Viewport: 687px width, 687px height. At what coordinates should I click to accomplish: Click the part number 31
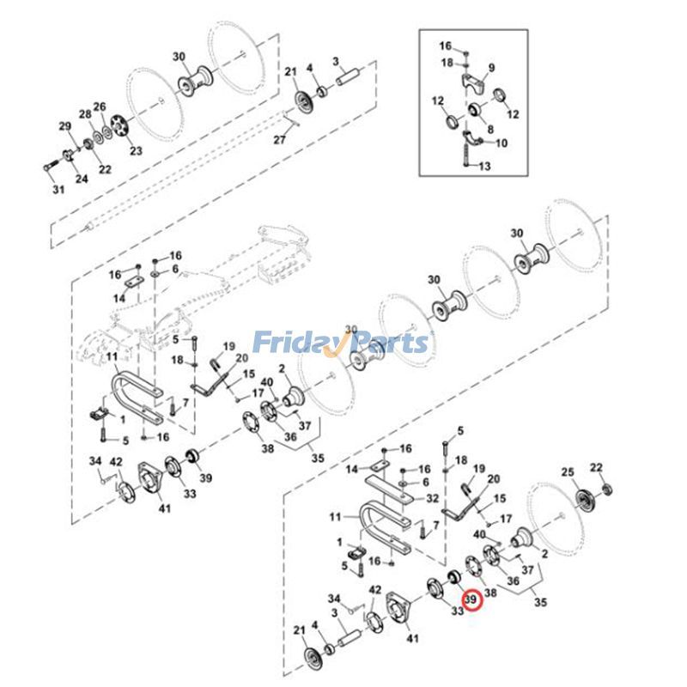(x=58, y=190)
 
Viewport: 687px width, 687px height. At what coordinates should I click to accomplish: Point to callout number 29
(x=64, y=127)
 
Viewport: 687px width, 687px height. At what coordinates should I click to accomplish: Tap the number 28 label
(x=85, y=115)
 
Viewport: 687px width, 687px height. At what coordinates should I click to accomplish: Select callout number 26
(x=100, y=106)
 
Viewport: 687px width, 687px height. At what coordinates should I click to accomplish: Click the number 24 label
(x=82, y=179)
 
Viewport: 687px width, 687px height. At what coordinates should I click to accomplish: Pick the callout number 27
(x=279, y=141)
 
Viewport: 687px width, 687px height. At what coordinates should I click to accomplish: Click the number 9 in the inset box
(x=492, y=68)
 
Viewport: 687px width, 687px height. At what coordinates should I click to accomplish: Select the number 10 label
(x=502, y=143)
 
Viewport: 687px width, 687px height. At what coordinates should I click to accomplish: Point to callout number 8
(x=490, y=130)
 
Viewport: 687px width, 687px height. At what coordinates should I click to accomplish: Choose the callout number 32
(x=433, y=498)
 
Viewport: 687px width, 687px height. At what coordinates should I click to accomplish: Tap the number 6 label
(x=175, y=269)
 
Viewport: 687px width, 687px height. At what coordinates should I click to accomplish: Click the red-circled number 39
(x=471, y=599)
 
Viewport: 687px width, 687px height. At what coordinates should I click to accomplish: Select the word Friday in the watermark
(x=292, y=343)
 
